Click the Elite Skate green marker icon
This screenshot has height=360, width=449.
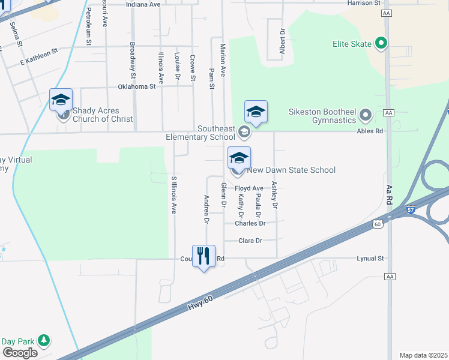click(381, 43)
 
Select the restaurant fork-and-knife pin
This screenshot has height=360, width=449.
click(204, 257)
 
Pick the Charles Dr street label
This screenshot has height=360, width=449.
click(250, 223)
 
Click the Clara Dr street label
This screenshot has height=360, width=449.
click(250, 241)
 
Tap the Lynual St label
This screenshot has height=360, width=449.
click(370, 259)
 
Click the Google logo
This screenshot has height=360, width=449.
click(20, 353)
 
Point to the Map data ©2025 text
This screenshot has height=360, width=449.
click(423, 355)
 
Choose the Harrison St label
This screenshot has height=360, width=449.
click(364, 3)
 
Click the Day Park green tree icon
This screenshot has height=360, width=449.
click(43, 340)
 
